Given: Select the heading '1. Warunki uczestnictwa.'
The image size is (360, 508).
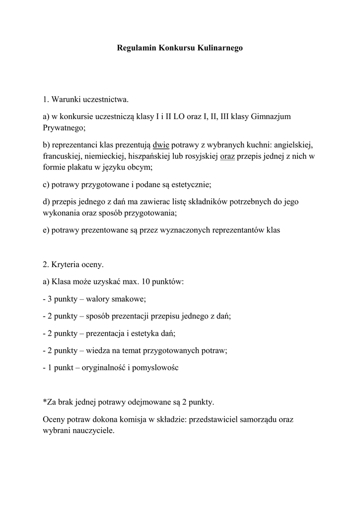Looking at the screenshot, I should point(85,100).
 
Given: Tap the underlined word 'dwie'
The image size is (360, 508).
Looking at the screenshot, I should point(161,145).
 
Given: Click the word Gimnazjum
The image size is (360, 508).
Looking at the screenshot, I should point(272,117).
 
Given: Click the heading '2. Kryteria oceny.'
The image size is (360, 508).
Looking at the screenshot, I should point(73,264).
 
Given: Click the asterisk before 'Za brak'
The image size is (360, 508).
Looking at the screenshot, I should point(45,401).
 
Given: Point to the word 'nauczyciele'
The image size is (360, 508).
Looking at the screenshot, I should point(93,431).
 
